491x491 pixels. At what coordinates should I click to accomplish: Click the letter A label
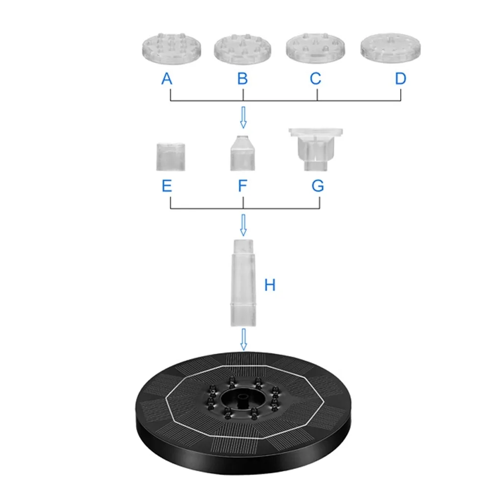click(167, 79)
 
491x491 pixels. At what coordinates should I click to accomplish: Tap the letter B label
click(243, 79)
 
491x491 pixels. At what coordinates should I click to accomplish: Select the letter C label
click(315, 79)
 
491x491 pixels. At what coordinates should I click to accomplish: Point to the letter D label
click(401, 79)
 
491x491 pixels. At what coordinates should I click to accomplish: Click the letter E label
click(167, 186)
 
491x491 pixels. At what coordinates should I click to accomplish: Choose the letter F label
click(243, 186)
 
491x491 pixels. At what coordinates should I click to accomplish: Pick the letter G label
click(318, 186)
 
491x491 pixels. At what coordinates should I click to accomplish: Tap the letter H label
click(270, 285)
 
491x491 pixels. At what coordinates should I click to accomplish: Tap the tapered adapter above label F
click(242, 153)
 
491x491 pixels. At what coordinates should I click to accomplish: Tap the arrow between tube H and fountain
click(243, 340)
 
